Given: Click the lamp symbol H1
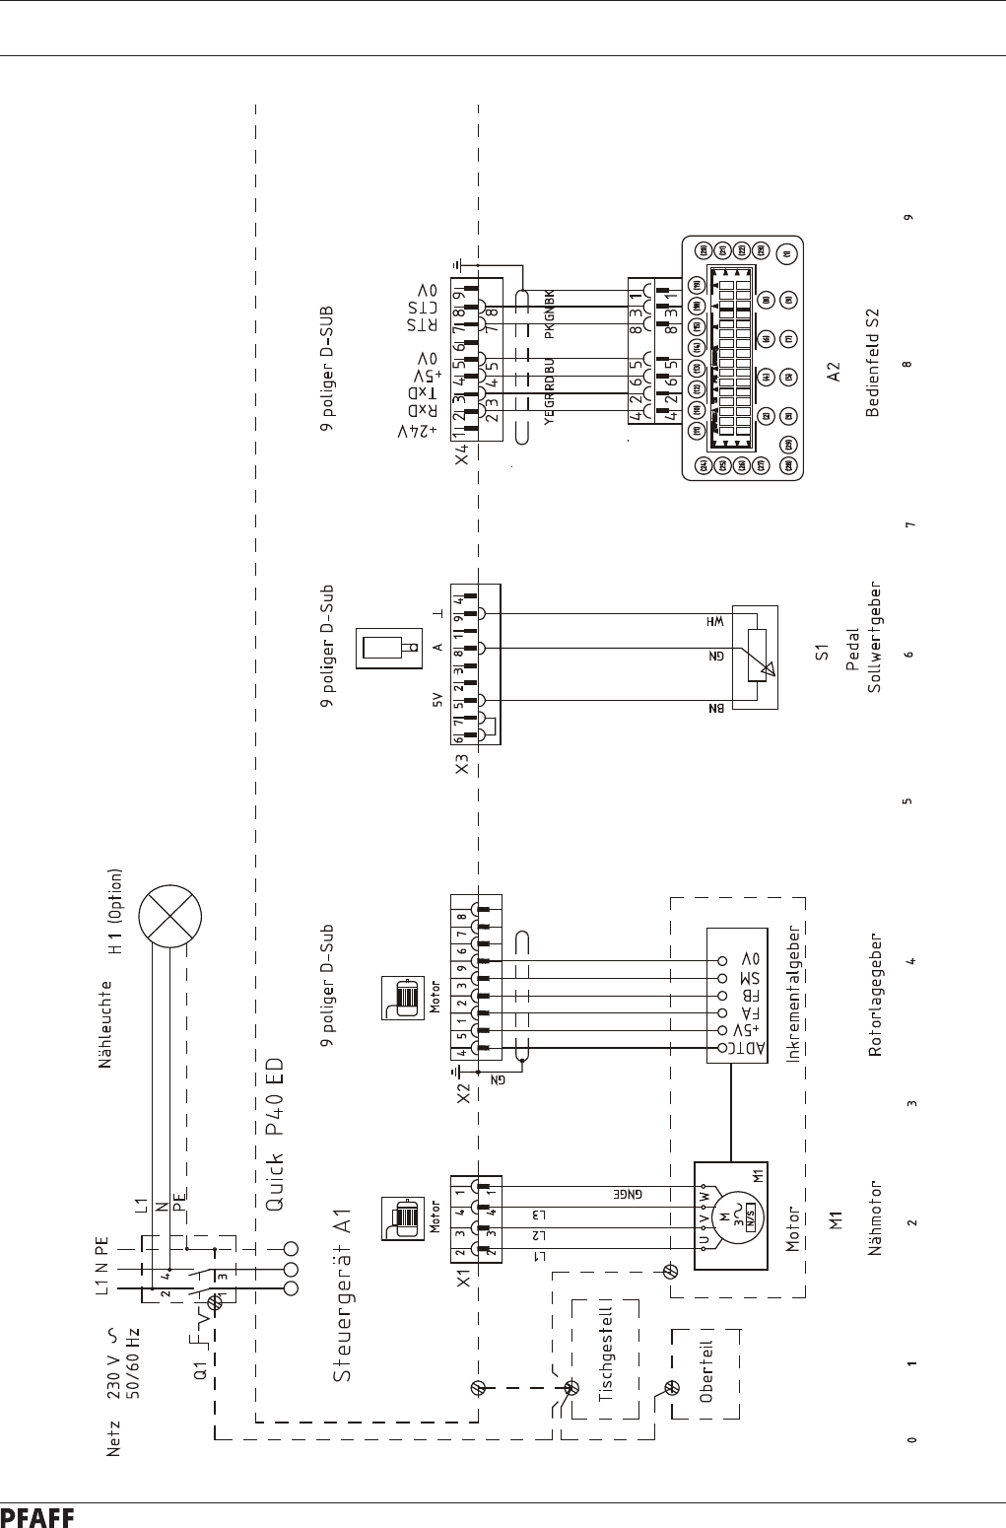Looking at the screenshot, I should point(169,917).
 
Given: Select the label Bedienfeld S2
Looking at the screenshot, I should point(873,364).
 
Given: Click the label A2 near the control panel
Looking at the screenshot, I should point(834,372).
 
